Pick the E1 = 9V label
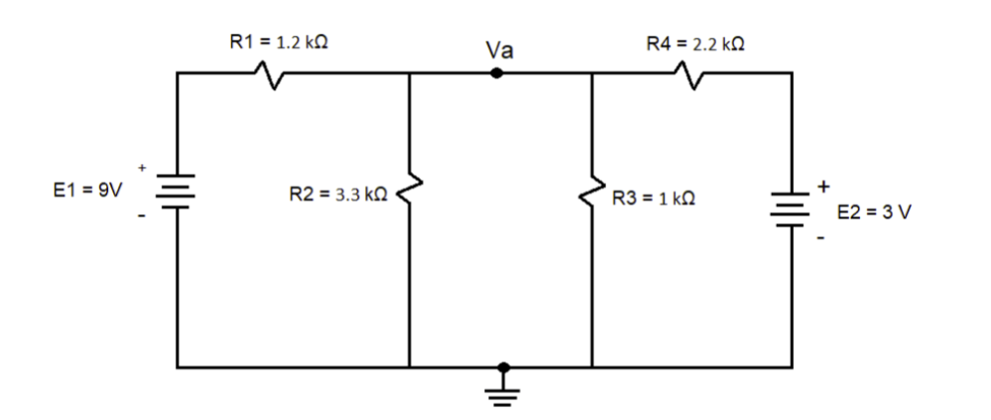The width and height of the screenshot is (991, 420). [x=87, y=191]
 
